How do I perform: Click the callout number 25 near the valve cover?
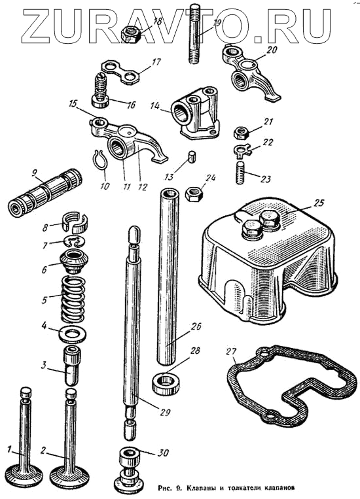pyautogui.click(x=319, y=203)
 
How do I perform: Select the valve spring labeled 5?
pyautogui.click(x=73, y=299)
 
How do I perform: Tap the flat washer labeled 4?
pyautogui.click(x=73, y=334)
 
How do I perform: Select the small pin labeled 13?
pyautogui.click(x=191, y=158)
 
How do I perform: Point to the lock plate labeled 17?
pyautogui.click(x=120, y=73)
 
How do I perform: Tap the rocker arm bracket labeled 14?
pyautogui.click(x=194, y=112)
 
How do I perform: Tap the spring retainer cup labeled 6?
pyautogui.click(x=73, y=262)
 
